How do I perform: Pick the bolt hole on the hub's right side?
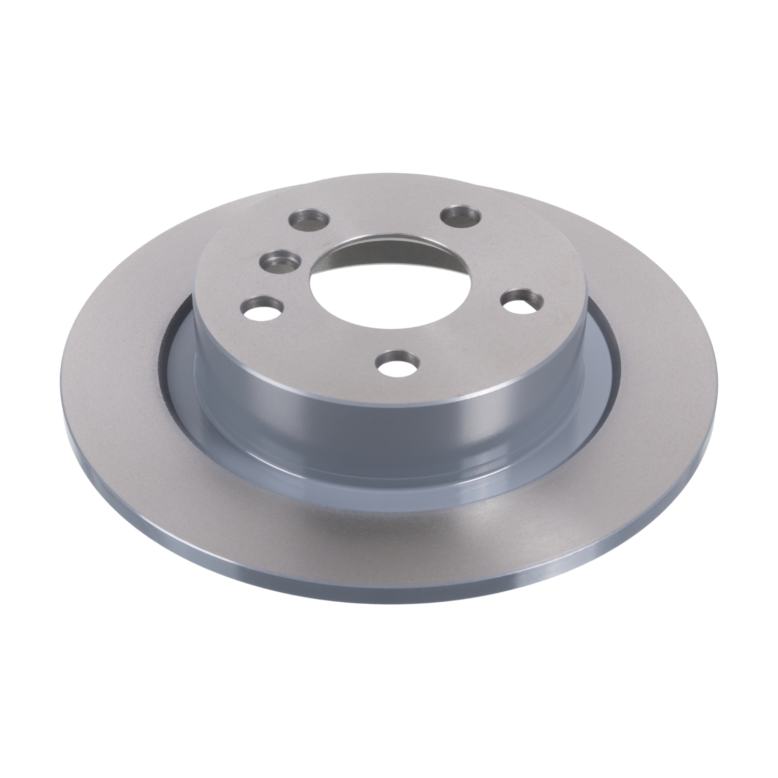[523, 300]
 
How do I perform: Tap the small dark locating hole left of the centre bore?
[280, 259]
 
